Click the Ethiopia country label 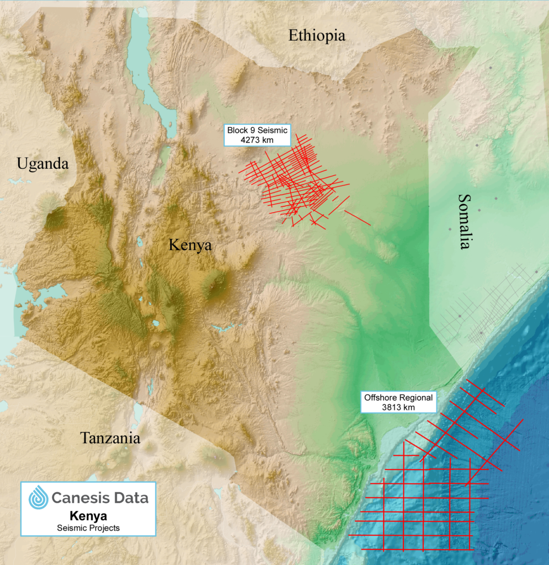[x=317, y=36]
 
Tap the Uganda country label [x=42, y=164]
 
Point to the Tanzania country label [x=110, y=438]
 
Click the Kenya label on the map [x=190, y=245]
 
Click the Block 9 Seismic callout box [x=257, y=136]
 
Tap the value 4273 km [x=257, y=141]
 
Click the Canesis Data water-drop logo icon [x=38, y=497]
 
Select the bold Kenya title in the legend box [x=88, y=516]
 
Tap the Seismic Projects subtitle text [x=88, y=528]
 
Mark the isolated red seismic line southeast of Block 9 [x=357, y=217]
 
